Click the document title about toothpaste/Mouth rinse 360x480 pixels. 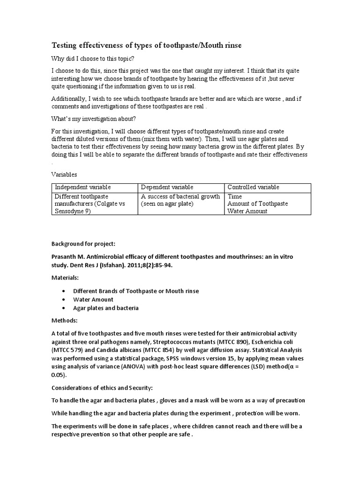[146, 45]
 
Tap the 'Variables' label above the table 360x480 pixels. [64, 174]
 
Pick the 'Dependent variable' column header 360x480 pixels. [167, 187]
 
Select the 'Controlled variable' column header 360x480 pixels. [253, 187]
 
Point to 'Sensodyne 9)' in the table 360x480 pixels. [73, 211]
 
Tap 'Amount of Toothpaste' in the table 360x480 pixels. [257, 204]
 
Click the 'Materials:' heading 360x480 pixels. [66, 277]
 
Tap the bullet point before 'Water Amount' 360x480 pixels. [63, 300]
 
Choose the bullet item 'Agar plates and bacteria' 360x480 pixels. [105, 308]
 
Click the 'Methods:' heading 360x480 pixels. [64, 321]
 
